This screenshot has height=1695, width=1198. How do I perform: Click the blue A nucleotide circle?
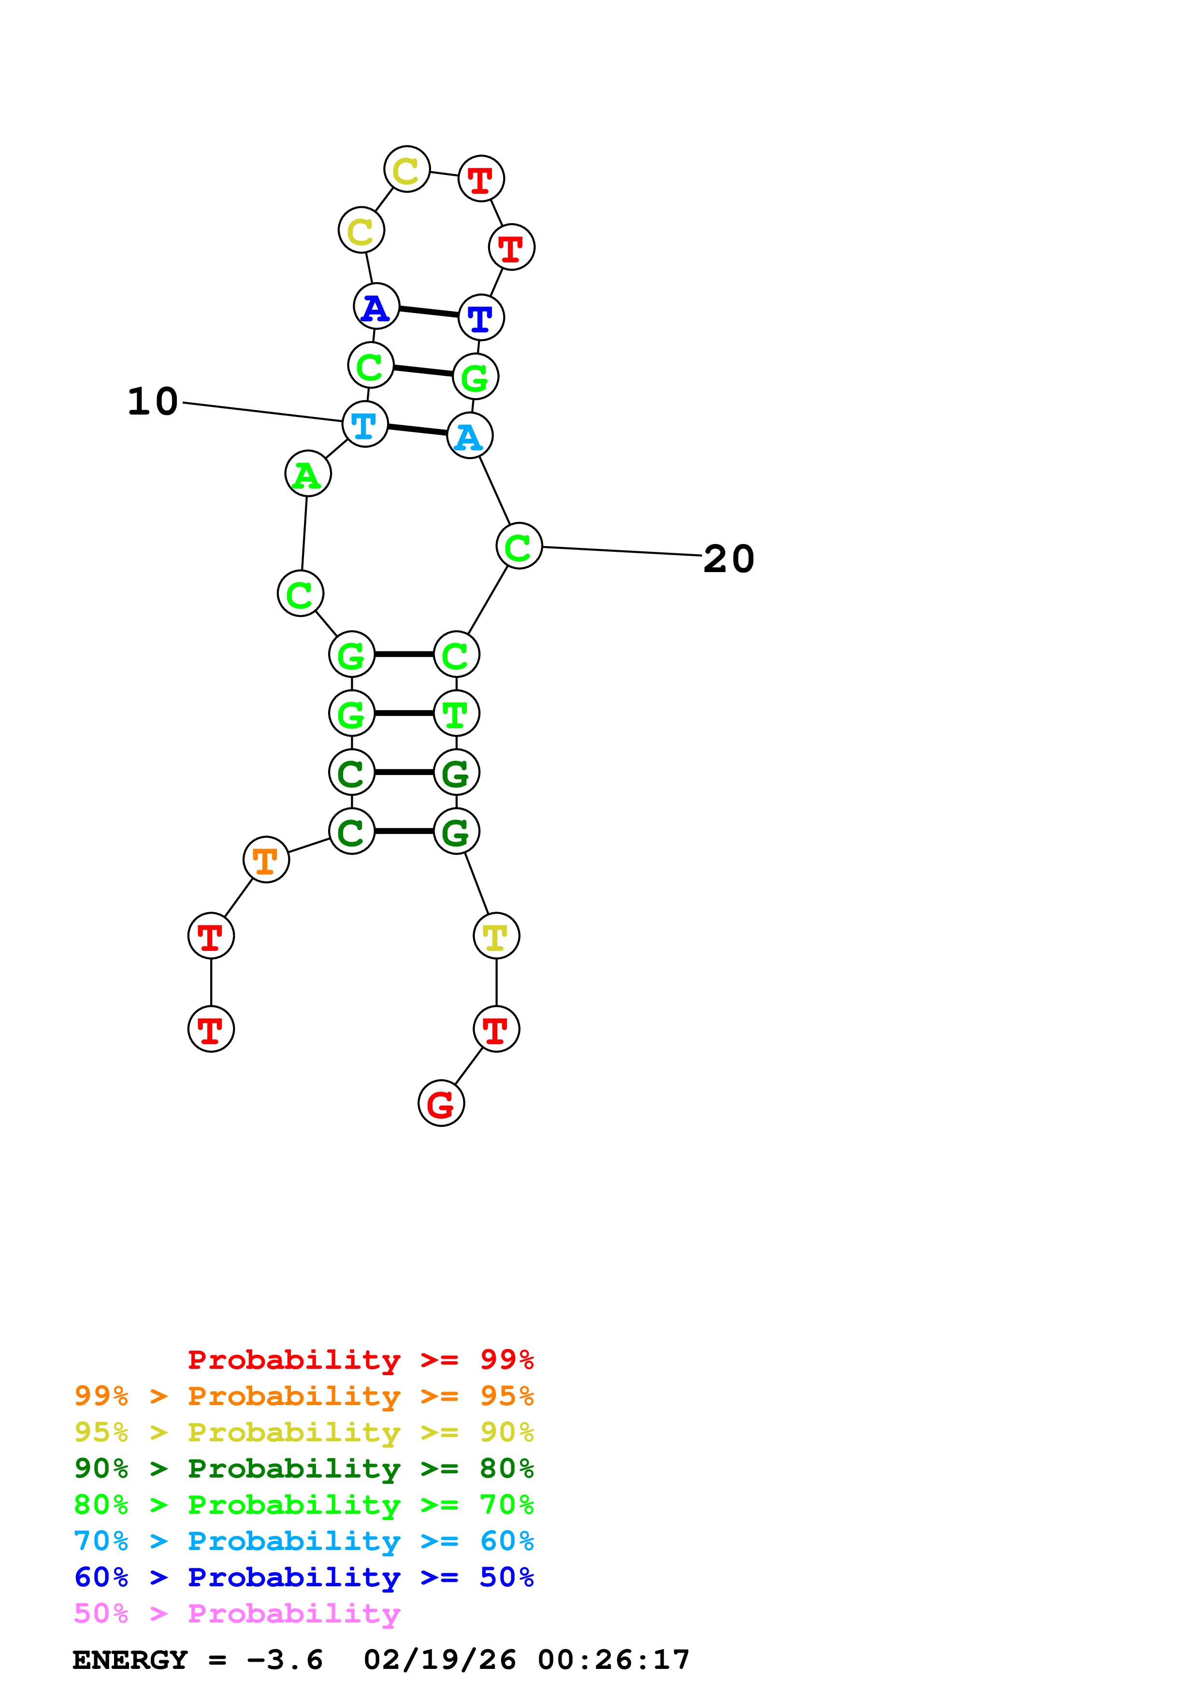click(x=376, y=306)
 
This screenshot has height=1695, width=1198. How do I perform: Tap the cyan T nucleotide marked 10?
click(x=365, y=425)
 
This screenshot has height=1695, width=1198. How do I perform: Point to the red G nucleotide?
click(x=441, y=1104)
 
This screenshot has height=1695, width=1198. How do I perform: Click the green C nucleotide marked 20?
click(x=519, y=546)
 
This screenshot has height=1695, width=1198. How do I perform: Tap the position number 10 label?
click(x=153, y=402)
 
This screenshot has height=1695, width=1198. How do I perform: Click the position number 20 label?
click(x=729, y=559)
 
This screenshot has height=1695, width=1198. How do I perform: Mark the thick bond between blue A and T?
click(x=429, y=312)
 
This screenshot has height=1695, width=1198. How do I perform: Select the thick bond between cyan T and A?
click(x=417, y=430)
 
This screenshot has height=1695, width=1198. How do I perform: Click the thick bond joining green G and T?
click(x=404, y=713)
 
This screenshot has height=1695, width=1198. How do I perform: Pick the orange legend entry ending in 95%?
click(x=304, y=1395)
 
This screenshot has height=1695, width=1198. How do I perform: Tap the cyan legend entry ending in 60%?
click(x=304, y=1541)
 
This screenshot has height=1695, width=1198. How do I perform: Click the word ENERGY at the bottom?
click(x=130, y=1660)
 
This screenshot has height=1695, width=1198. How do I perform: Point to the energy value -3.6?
click(x=285, y=1660)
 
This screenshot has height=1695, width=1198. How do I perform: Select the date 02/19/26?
click(x=439, y=1660)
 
